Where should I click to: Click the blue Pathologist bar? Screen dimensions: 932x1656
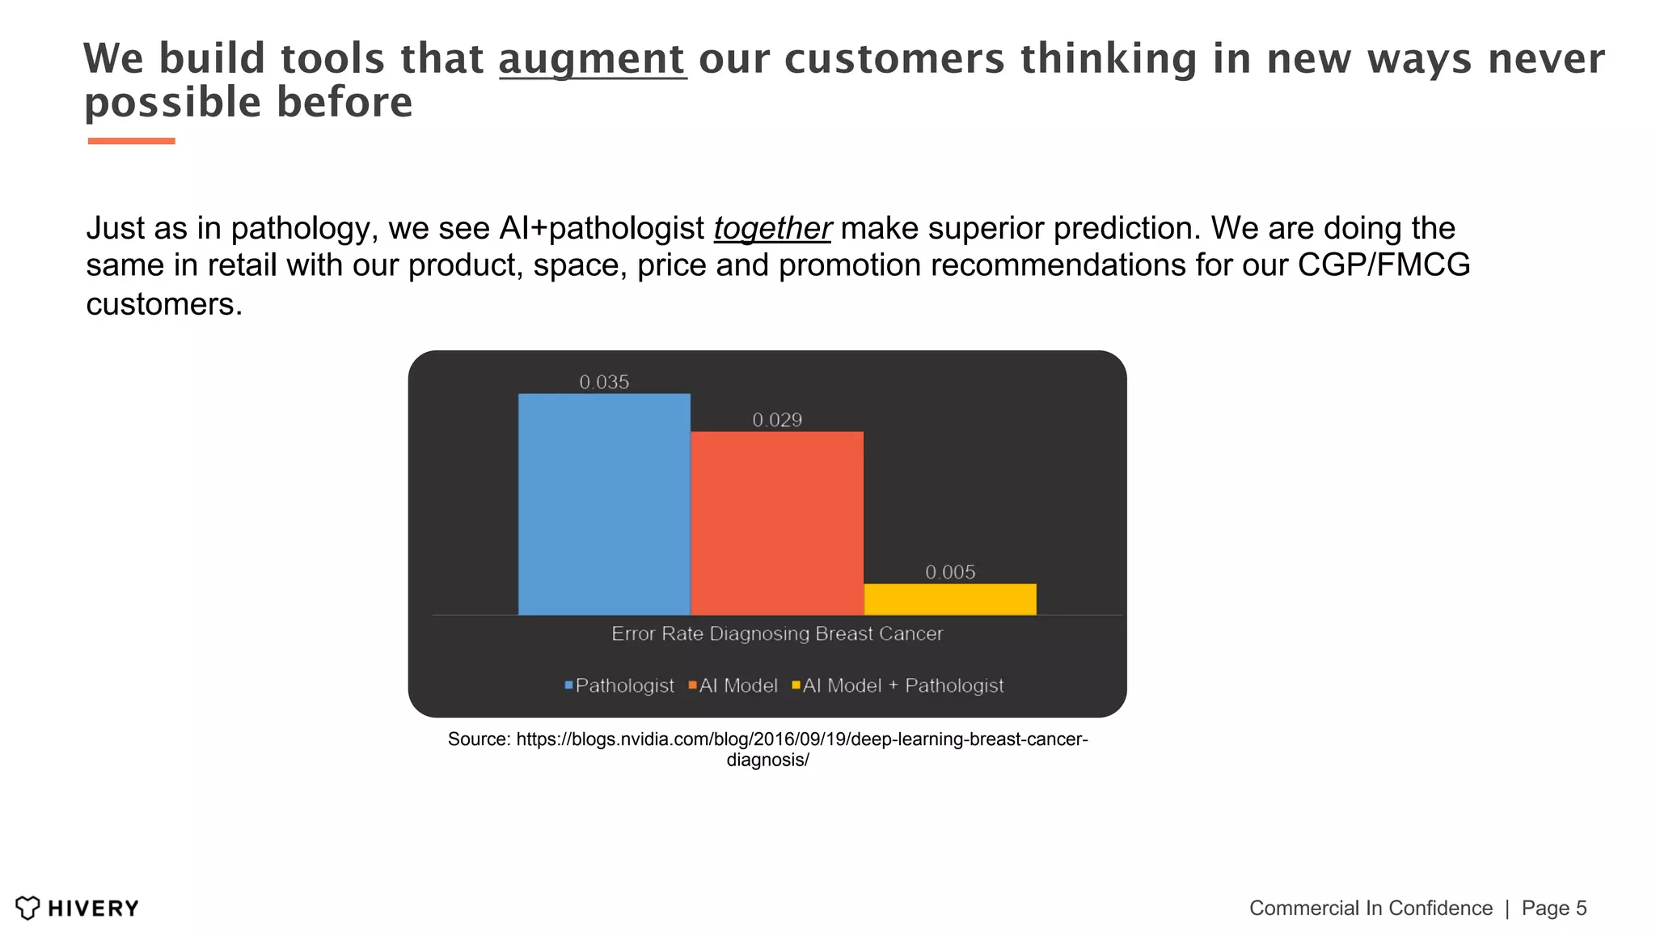click(x=604, y=504)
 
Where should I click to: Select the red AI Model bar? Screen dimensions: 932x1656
click(x=777, y=523)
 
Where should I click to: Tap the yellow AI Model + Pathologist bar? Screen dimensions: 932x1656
click(x=950, y=599)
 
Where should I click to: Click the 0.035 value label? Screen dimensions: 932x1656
click(x=604, y=382)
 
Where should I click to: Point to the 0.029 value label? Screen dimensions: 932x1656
click(x=777, y=420)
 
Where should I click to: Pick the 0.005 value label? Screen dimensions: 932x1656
click(x=950, y=572)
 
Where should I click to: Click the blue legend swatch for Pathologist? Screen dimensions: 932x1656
click(x=568, y=685)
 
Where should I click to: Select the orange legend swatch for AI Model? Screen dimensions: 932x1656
click(x=692, y=685)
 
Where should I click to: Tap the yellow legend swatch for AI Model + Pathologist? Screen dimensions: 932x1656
click(x=796, y=685)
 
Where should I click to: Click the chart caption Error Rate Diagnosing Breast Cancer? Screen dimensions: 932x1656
click(x=777, y=633)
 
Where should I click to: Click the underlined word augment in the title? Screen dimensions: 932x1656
click(x=592, y=59)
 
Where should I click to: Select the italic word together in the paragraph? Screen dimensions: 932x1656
click(x=772, y=228)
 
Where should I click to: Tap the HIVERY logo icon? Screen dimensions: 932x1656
click(x=27, y=908)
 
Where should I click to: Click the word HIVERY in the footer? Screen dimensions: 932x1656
click(x=93, y=909)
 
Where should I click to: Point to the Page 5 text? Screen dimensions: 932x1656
click(x=1553, y=908)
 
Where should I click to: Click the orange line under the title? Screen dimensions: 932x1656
click(x=131, y=141)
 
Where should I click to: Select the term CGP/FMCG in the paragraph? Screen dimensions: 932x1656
click(x=1384, y=265)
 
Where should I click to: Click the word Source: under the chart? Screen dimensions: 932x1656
click(x=479, y=739)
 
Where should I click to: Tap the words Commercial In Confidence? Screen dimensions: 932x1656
click(x=1371, y=908)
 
